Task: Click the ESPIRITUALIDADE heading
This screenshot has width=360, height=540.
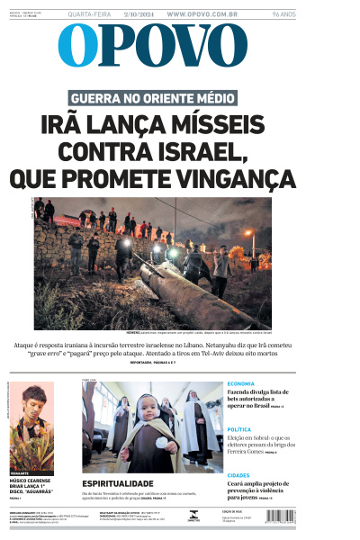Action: pyautogui.click(x=123, y=483)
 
